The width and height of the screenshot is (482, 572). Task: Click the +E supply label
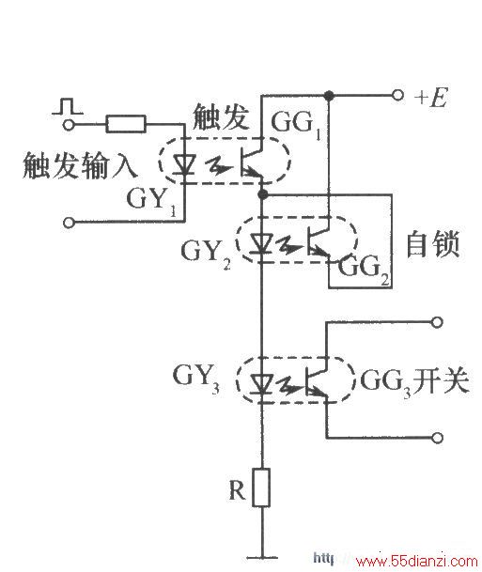(x=430, y=98)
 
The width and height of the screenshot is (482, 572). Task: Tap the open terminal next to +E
(x=397, y=95)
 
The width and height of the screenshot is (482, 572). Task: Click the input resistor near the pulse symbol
(x=126, y=124)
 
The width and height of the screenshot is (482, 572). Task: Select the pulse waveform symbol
(x=68, y=106)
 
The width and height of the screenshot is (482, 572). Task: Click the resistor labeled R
(x=261, y=487)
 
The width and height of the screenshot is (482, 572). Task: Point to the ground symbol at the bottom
(x=262, y=557)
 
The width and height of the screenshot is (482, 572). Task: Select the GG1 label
(x=296, y=124)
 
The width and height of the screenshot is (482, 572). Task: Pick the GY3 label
(x=196, y=379)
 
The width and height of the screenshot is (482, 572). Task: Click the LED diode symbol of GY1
(x=184, y=165)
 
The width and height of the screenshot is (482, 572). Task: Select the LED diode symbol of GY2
(x=261, y=243)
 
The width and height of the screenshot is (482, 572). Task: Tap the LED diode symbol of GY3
(x=261, y=384)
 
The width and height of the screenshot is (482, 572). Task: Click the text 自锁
(x=433, y=244)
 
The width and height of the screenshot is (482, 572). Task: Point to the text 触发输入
(x=80, y=165)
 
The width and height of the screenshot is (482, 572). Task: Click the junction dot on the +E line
(x=329, y=96)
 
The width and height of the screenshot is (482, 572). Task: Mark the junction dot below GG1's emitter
(x=262, y=194)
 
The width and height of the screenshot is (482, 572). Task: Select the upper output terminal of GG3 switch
(x=437, y=322)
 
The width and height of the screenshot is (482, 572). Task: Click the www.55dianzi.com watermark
(x=416, y=561)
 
